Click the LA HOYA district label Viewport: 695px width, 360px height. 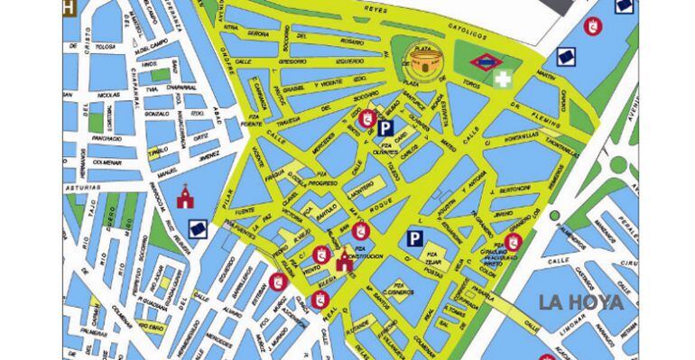tap(581, 302)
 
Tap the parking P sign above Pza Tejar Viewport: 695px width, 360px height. tap(414, 238)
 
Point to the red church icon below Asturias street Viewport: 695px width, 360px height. tap(185, 196)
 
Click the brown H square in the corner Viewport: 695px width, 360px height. tap(69, 8)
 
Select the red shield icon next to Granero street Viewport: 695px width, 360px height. tap(513, 241)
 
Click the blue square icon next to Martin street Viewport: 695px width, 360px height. tap(566, 59)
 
